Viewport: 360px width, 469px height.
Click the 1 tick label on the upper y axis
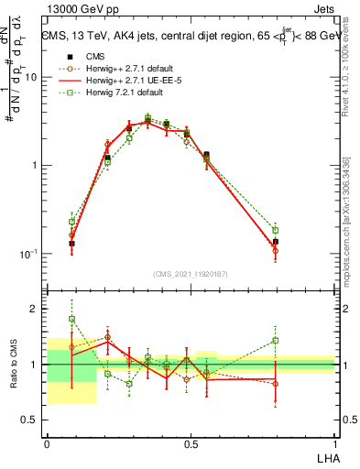37,166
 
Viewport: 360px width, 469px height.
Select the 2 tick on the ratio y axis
37,310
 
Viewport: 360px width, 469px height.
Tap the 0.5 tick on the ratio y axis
31,420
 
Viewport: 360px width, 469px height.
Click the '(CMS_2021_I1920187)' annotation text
191,273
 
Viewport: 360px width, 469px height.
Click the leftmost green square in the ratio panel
71,320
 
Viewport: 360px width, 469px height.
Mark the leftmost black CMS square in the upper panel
71,244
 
